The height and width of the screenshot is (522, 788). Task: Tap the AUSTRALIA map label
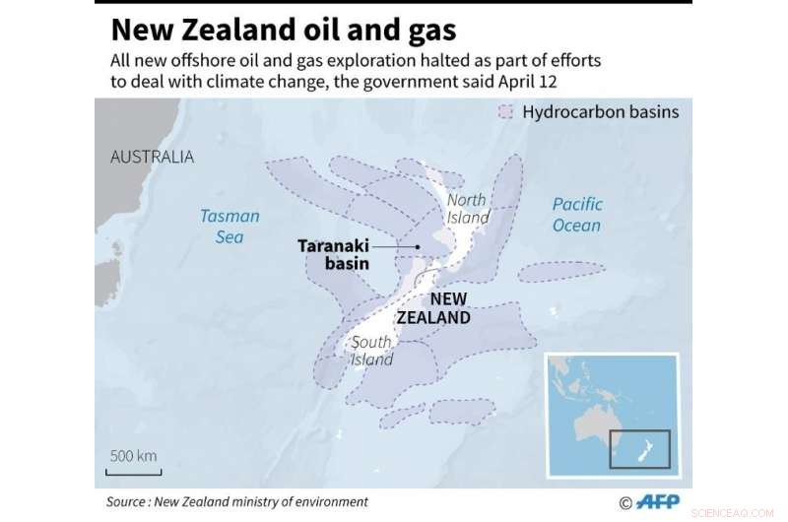click(152, 157)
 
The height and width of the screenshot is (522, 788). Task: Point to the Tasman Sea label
click(230, 226)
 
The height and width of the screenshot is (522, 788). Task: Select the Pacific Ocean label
click(576, 215)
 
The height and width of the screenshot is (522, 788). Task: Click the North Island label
click(467, 208)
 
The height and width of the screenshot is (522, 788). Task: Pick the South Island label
click(372, 351)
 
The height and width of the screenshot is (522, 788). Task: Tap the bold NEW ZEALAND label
click(433, 308)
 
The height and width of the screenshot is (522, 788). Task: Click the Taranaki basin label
click(333, 255)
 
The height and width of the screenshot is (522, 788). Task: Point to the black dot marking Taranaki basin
click(419, 247)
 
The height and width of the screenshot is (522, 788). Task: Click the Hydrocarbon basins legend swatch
click(506, 112)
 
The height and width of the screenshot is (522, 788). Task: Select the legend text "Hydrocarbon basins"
click(600, 112)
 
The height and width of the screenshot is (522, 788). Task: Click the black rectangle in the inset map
click(639, 448)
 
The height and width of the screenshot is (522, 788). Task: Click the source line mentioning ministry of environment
click(236, 502)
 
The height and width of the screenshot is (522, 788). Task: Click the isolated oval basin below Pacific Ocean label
click(562, 272)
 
